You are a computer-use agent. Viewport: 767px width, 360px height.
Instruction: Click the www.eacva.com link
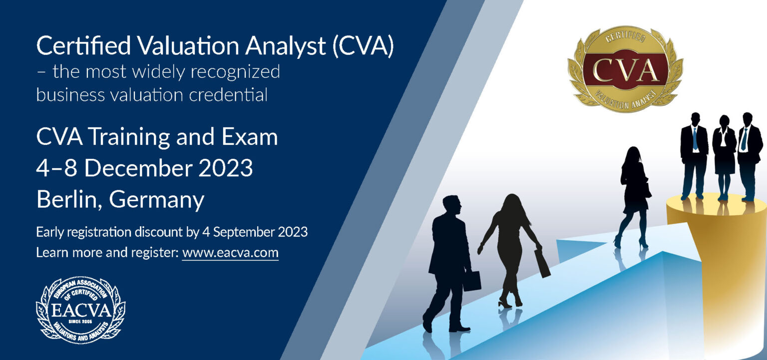[230, 252]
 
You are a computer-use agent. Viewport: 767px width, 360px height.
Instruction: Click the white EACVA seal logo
[81, 310]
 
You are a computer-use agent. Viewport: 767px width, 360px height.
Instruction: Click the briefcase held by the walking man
[471, 281]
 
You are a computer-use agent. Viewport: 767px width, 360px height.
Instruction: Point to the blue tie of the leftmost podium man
[695, 139]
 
